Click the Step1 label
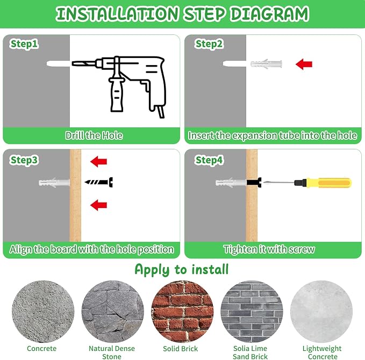pyautogui.click(x=24, y=44)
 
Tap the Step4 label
pyautogui.click(x=209, y=160)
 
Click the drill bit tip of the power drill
pyautogui.click(x=73, y=63)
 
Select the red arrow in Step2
pyautogui.click(x=304, y=64)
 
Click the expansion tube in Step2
pyautogui.click(x=266, y=63)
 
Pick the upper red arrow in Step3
pyautogui.click(x=98, y=162)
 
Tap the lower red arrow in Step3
pyautogui.click(x=98, y=205)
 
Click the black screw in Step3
pyautogui.click(x=99, y=182)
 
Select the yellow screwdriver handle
pyautogui.click(x=328, y=183)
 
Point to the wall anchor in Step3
pyautogui.click(x=54, y=182)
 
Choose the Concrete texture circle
pyautogui.click(x=43, y=311)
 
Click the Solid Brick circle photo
pyautogui.click(x=182, y=311)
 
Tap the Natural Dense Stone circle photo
pyautogui.click(x=113, y=311)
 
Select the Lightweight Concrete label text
pyautogui.click(x=322, y=352)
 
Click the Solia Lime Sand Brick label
pyautogui.click(x=251, y=352)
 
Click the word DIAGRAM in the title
pyautogui.click(x=269, y=14)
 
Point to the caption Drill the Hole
pyautogui.click(x=94, y=135)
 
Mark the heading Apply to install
pyautogui.click(x=182, y=270)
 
